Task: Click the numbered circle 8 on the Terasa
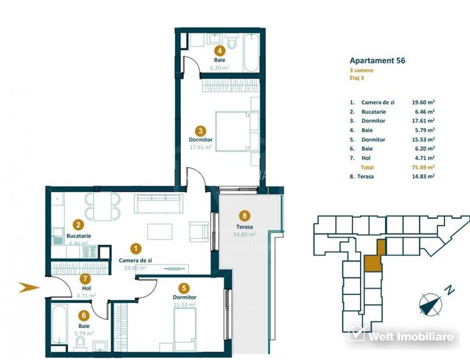[242, 215]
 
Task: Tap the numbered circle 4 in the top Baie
[219, 51]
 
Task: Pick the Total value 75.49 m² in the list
[423, 166]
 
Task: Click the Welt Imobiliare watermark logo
[403, 336]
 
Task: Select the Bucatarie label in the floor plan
[78, 236]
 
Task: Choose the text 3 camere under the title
[362, 70]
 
